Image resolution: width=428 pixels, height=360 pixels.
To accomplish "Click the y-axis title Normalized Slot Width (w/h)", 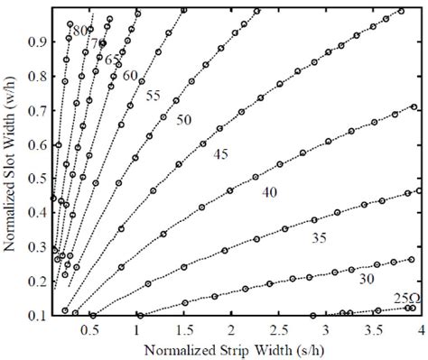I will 13,160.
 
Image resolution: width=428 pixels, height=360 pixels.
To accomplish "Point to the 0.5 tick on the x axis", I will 91,329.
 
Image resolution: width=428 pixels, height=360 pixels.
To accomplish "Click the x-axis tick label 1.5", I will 184,329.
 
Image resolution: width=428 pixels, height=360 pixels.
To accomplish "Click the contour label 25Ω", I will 406,299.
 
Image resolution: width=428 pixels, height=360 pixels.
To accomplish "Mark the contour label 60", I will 131,75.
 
